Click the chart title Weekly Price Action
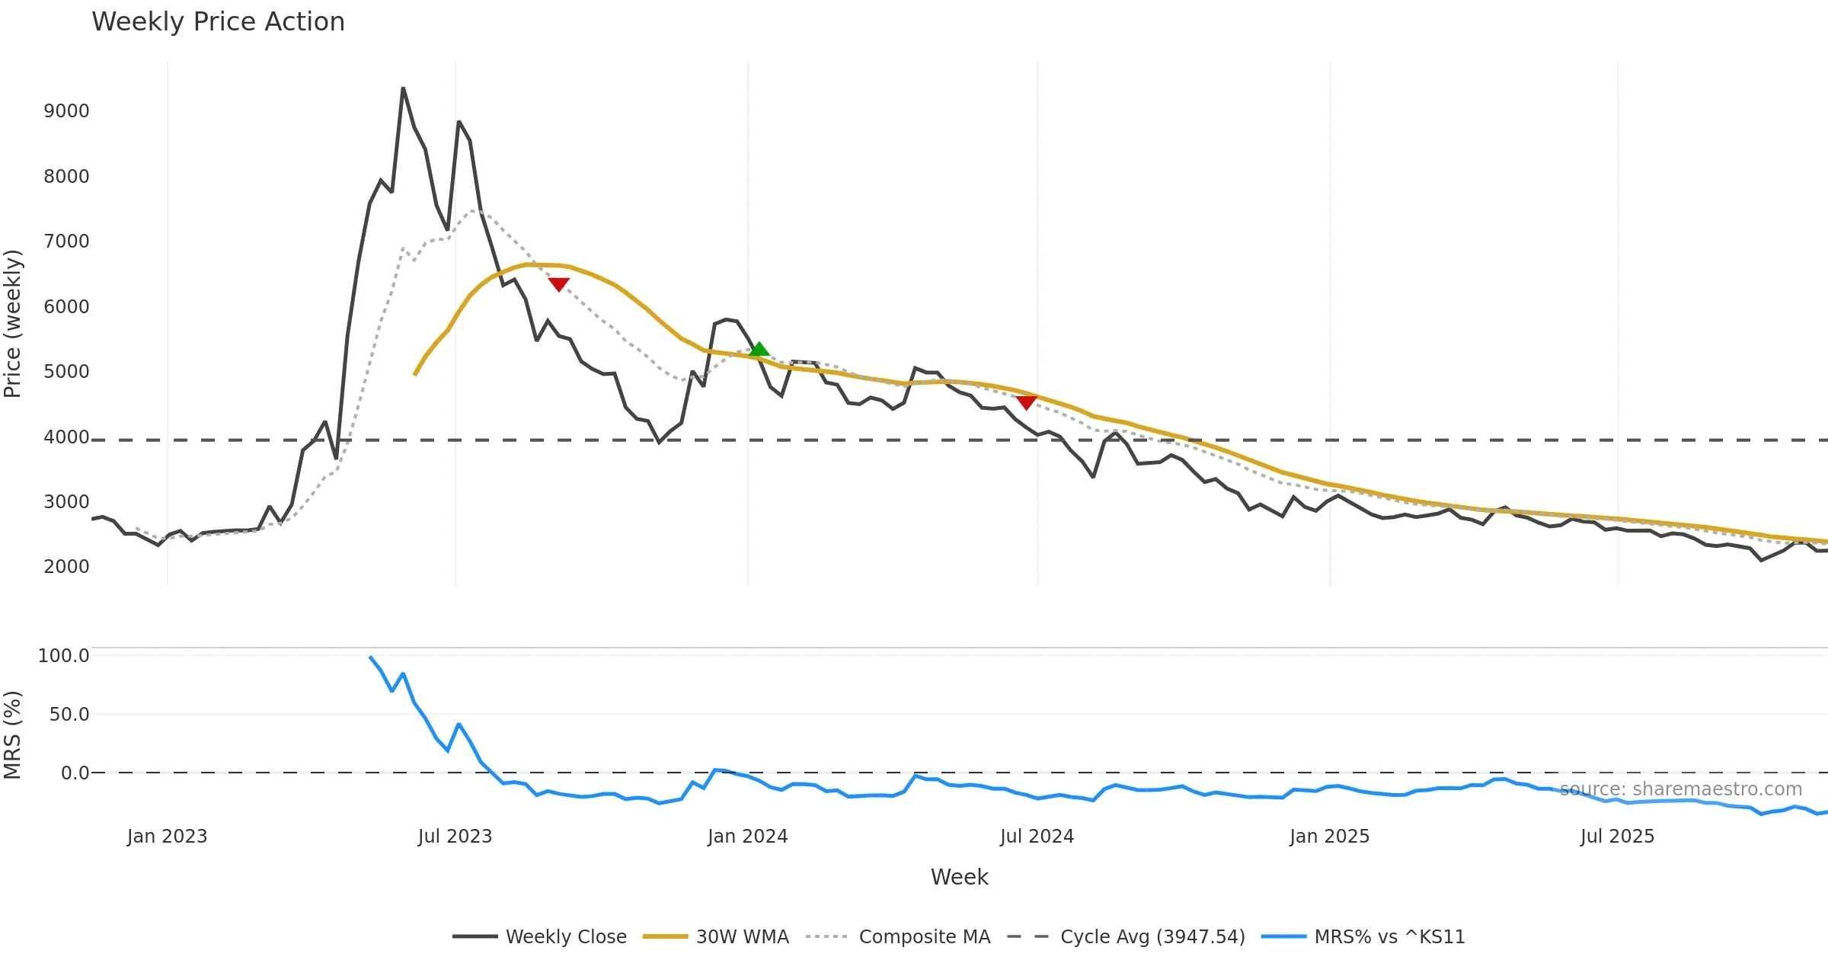(218, 22)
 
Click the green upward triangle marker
(759, 350)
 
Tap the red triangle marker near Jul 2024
(1026, 402)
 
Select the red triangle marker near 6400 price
(558, 284)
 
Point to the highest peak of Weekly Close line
(403, 89)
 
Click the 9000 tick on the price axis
(66, 111)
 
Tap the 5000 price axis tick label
(66, 372)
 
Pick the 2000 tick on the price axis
(66, 567)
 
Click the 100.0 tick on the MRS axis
(63, 656)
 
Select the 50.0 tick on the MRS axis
(69, 715)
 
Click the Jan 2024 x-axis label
(747, 837)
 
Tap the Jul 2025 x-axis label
(1617, 837)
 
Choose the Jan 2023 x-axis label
(167, 837)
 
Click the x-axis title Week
(959, 878)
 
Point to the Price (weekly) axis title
(13, 324)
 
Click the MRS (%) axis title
(13, 735)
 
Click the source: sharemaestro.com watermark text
(1681, 789)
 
